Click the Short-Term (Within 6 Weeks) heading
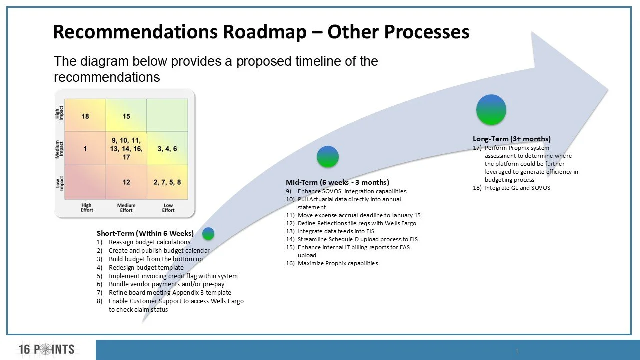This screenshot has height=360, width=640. tap(145, 233)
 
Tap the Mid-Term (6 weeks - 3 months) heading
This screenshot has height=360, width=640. tap(337, 182)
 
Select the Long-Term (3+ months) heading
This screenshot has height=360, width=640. tap(512, 139)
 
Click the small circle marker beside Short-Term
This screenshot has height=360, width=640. tap(208, 233)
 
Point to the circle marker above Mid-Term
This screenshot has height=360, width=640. tap(328, 157)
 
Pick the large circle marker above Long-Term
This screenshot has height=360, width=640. tap(491, 110)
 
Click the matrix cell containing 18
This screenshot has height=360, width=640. tap(85, 116)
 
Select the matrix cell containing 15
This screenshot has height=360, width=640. tap(126, 116)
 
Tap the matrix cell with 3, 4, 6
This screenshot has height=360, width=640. tap(167, 149)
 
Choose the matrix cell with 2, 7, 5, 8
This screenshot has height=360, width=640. tap(167, 182)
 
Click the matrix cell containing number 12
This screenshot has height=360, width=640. tap(126, 182)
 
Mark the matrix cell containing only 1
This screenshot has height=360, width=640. tap(85, 149)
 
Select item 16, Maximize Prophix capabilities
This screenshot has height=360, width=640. tap(337, 263)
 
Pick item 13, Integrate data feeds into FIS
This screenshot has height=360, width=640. tap(335, 231)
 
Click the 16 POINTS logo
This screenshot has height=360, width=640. tap(47, 349)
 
